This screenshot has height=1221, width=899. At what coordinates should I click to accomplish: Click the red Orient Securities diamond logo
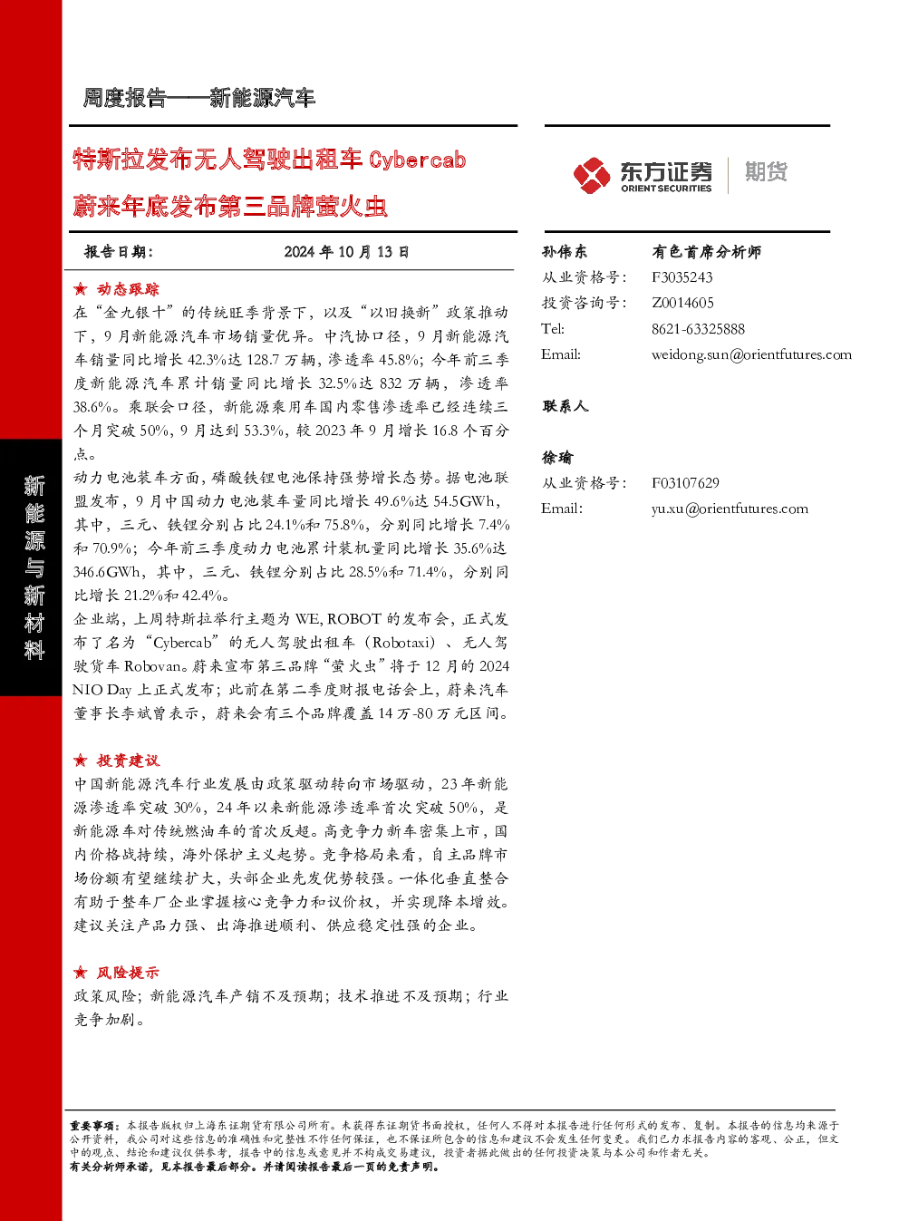(x=592, y=175)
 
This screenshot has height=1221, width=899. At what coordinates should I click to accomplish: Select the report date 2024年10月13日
(x=346, y=252)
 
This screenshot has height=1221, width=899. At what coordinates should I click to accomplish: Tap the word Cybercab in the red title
(x=418, y=160)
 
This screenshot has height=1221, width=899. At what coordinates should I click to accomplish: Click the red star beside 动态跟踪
(x=81, y=289)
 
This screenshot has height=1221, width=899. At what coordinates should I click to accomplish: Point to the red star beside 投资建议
(x=81, y=761)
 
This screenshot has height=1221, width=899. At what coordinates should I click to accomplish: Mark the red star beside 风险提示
(x=81, y=973)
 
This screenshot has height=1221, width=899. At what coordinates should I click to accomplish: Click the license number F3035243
(x=682, y=277)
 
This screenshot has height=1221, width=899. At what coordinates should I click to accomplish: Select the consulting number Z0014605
(x=682, y=303)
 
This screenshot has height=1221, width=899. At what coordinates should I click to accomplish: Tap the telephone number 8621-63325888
(x=698, y=329)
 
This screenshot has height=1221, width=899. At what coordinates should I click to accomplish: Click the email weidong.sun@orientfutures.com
(x=751, y=354)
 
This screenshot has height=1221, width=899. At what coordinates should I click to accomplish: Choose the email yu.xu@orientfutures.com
(x=730, y=509)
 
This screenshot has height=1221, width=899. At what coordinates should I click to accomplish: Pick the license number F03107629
(x=685, y=483)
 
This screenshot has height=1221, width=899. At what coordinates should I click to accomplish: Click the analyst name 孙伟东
(x=565, y=252)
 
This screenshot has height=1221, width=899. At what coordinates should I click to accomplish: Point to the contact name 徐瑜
(x=557, y=458)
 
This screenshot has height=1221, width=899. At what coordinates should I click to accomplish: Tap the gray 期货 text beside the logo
(x=766, y=171)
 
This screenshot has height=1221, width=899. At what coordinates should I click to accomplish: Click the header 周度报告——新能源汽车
(x=199, y=98)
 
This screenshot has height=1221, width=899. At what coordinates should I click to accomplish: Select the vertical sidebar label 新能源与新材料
(x=34, y=567)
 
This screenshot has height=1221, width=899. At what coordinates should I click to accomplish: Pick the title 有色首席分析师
(x=706, y=252)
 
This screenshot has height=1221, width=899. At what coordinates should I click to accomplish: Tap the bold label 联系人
(x=565, y=406)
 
